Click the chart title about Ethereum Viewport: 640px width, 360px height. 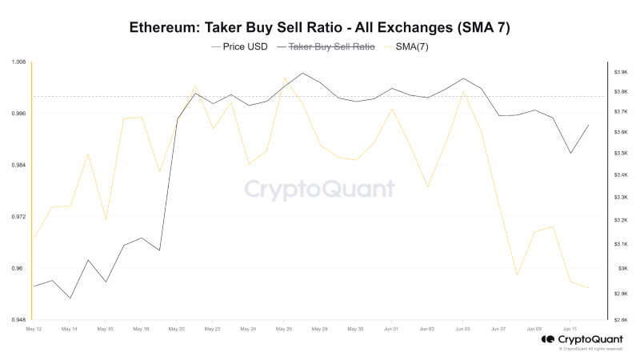click(320, 27)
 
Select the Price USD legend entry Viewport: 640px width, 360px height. click(240, 47)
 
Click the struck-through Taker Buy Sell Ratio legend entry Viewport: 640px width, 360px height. click(326, 47)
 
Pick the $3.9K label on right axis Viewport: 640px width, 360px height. click(620, 73)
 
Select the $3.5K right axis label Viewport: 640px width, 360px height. click(620, 153)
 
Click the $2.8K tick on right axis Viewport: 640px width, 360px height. click(620, 320)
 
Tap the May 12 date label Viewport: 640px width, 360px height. click(34, 329)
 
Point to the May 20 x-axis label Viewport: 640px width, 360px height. click(177, 329)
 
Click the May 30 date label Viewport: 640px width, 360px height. click(355, 329)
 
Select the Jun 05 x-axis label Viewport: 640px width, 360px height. click(463, 329)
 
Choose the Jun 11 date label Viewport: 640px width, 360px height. click(570, 329)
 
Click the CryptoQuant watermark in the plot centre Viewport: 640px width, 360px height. click(319, 190)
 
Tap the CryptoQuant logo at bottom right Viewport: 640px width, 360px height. click(582, 339)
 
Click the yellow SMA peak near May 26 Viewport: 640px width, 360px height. click(285, 78)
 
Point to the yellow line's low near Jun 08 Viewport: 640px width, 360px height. click(518, 275)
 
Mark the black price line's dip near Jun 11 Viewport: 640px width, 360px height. click(570, 153)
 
